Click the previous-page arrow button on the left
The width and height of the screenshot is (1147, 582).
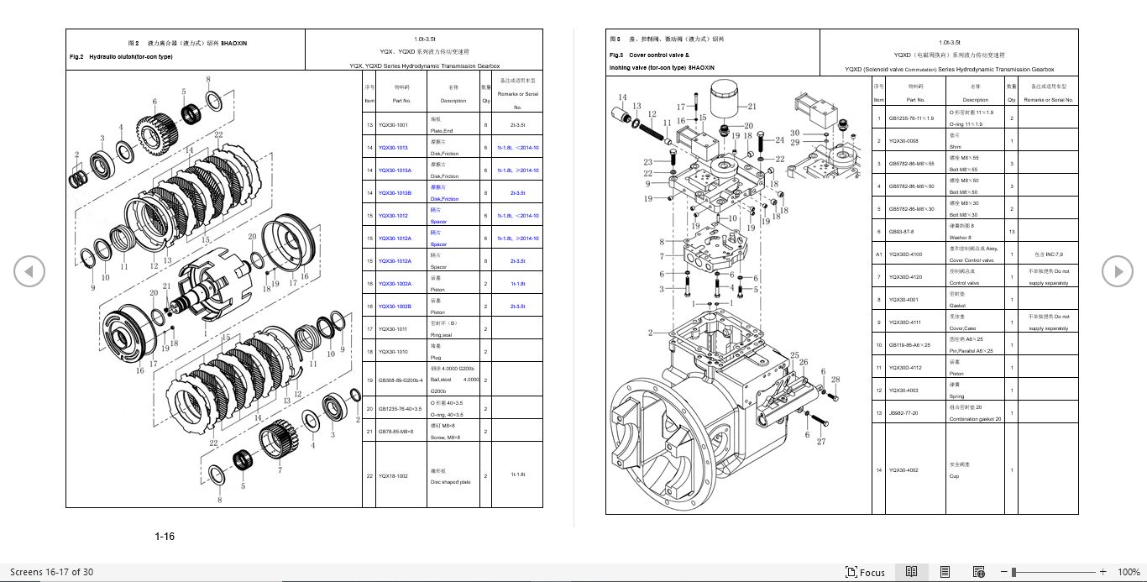point(29,270)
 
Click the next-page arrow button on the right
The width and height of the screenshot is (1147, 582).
point(1118,270)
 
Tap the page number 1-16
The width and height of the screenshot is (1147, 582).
point(165,537)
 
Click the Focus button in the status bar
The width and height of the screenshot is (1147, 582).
point(865,572)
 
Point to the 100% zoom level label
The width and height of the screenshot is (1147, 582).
point(1129,572)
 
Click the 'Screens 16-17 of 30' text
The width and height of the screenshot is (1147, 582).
point(51,572)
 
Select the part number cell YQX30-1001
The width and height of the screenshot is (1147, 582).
point(393,125)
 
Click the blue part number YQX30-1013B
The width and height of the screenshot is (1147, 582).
point(394,193)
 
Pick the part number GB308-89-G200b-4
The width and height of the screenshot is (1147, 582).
point(395,380)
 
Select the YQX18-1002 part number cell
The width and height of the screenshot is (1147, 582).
point(393,475)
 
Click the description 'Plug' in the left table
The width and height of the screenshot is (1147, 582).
point(437,357)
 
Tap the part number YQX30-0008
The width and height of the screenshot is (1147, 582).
point(903,141)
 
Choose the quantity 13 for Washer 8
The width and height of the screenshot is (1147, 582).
point(1011,232)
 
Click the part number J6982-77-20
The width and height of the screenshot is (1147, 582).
point(903,413)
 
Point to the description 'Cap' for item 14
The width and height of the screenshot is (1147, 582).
point(954,476)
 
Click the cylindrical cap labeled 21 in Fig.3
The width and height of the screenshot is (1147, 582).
point(723,102)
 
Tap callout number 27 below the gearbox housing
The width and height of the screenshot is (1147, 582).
point(821,442)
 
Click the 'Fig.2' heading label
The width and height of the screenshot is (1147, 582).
point(76,57)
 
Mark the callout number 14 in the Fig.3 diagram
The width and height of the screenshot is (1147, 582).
point(622,97)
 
